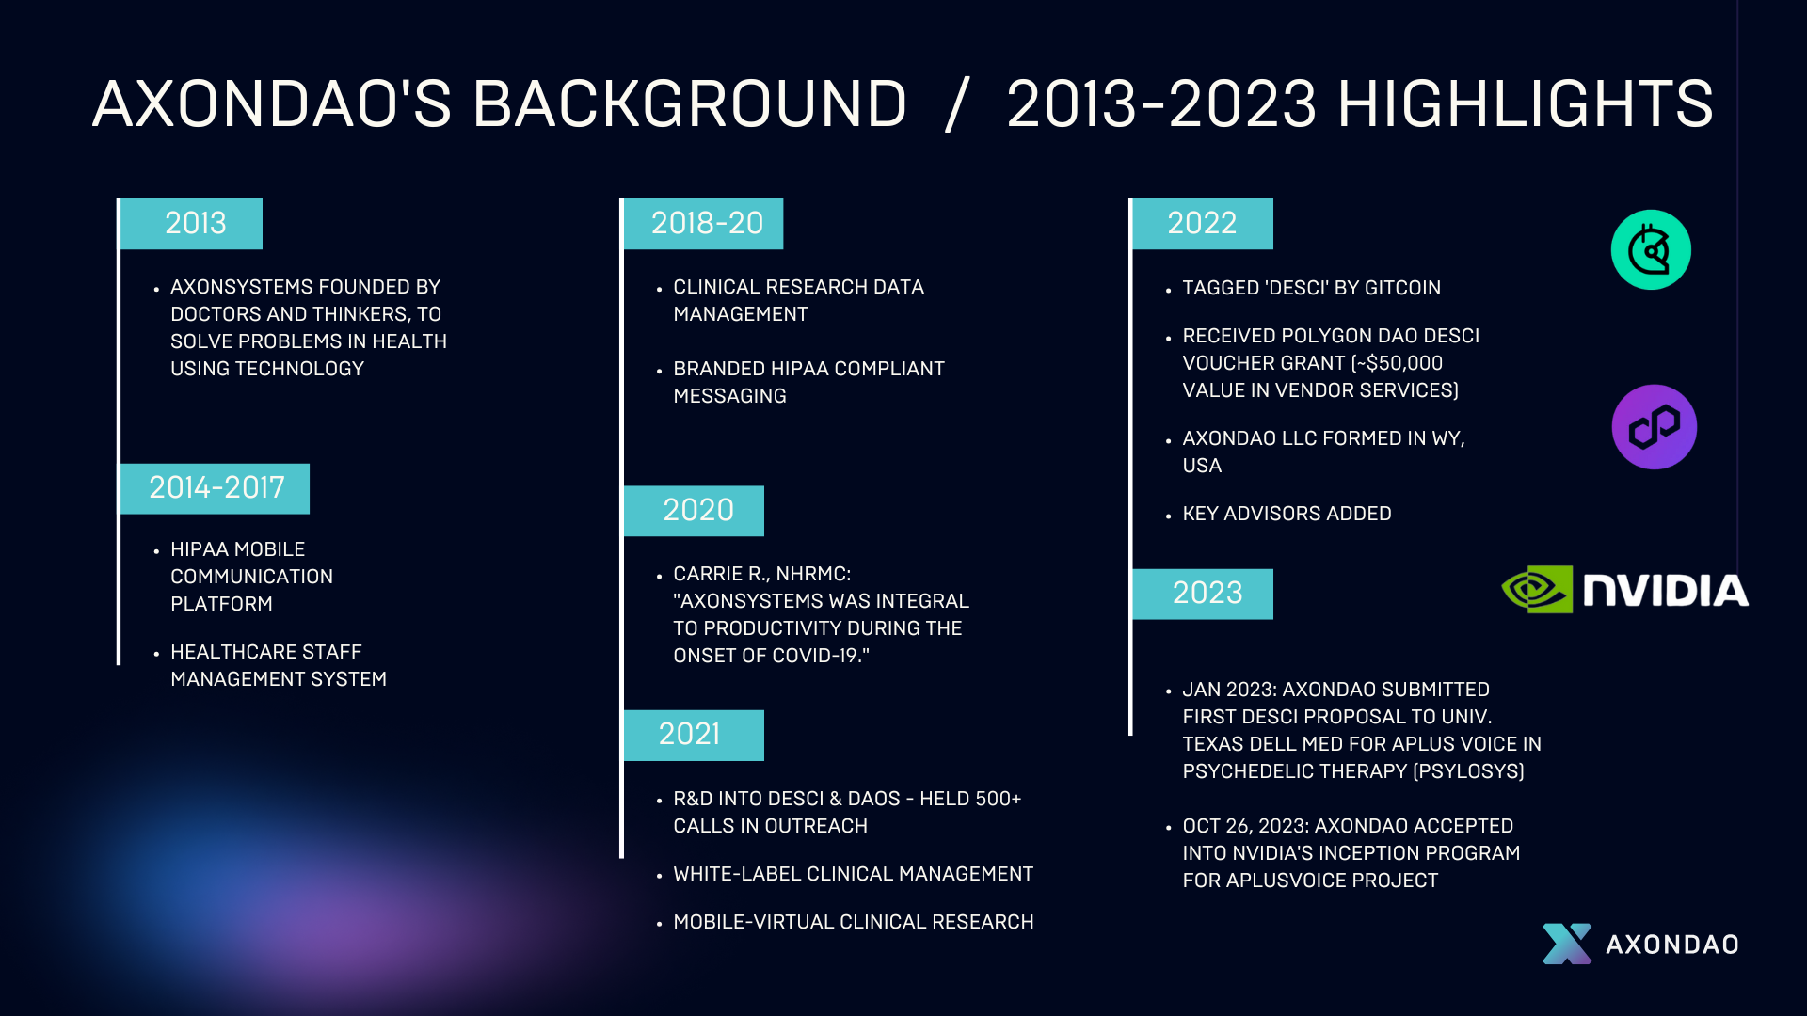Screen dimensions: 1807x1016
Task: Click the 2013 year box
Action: click(191, 224)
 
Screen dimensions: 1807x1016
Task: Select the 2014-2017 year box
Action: click(215, 488)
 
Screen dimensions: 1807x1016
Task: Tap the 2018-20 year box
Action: click(703, 224)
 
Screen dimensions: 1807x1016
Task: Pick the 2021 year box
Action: click(694, 735)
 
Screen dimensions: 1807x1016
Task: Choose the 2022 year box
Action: click(1203, 224)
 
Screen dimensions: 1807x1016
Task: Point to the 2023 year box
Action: click(1203, 594)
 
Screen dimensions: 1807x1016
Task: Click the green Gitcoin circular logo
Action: click(1651, 249)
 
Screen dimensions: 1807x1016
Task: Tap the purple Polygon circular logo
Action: click(1655, 427)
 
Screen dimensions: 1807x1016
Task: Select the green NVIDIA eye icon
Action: click(1537, 590)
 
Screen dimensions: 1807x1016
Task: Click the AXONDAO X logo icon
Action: click(1567, 944)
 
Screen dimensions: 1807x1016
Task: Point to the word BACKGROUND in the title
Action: click(689, 103)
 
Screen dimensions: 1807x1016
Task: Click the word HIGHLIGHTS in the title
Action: click(1526, 103)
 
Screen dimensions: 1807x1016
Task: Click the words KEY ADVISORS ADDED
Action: click(1287, 514)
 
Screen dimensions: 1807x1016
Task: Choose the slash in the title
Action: click(956, 103)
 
